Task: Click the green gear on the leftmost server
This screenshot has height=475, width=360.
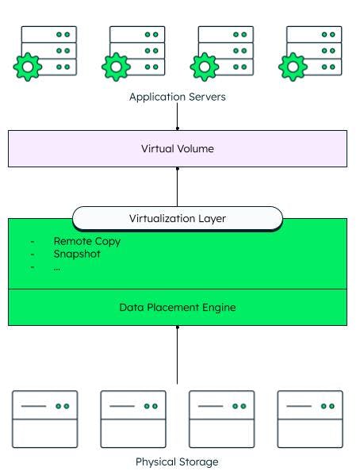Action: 28,67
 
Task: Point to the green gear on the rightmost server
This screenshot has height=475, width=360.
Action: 293,67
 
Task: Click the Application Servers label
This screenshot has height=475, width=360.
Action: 178,98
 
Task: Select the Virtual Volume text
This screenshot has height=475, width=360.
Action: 178,148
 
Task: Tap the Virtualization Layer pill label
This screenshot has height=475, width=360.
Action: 178,218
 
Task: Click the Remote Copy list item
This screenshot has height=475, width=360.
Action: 86,241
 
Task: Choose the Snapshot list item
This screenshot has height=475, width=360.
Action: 77,254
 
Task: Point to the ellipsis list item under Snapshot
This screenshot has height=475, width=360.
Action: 57,266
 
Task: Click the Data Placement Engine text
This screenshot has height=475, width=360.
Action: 178,307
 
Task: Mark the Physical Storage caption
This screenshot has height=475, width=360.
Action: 177,462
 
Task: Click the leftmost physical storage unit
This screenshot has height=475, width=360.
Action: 45,419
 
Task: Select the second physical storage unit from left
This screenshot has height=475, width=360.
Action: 133,419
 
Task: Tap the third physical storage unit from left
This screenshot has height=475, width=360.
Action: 221,419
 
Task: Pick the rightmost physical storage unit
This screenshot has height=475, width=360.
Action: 310,419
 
